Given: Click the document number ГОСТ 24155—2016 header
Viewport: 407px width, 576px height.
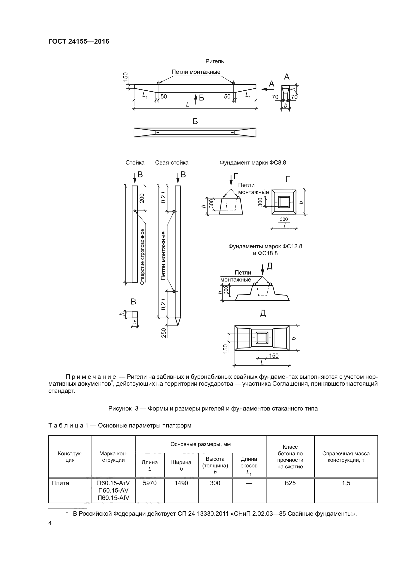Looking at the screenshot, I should point(79,41).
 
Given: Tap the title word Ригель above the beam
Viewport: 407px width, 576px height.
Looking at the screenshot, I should point(215,62).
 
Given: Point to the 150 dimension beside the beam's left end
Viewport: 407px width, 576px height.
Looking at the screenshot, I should point(125,77).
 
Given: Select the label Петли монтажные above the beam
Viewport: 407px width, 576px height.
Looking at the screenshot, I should point(196,72).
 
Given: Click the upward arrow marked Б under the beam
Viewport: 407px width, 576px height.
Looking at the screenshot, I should point(196,99).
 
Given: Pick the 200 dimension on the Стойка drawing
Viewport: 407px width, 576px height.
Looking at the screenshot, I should point(142,198).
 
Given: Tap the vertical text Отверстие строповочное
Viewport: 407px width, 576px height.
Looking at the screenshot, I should point(142,257).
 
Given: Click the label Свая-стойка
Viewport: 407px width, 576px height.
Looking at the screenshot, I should point(172,163).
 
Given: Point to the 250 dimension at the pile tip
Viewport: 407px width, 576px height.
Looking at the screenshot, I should point(164,333).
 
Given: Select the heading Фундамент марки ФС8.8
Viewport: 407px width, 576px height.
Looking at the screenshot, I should point(253,163).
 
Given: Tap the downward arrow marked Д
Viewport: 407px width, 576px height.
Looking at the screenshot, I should point(262,270).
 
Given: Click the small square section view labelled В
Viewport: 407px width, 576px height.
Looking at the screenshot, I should point(135,314).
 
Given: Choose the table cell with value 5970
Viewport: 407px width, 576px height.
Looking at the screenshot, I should point(150,483).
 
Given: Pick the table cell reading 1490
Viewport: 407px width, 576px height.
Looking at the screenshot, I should point(181,483).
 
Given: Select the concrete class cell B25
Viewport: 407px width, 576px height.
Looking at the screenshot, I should point(290,483).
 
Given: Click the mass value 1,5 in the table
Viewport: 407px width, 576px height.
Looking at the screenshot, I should point(346,483).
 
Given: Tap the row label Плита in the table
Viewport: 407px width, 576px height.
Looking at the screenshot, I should point(60,483).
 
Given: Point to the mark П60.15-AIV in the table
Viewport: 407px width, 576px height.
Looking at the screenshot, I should point(113,498).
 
